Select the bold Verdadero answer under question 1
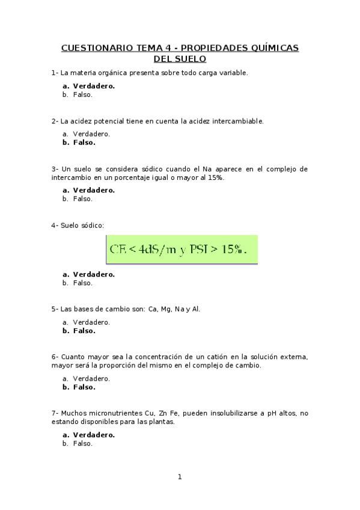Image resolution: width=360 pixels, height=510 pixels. pyautogui.click(x=93, y=86)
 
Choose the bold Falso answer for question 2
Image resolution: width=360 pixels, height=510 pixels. pyautogui.click(x=84, y=143)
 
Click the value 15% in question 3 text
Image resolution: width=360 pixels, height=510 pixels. pyautogui.click(x=213, y=178)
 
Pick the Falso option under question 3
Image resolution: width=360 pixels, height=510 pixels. pyautogui.click(x=82, y=198)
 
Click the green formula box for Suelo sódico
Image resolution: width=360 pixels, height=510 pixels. pyautogui.click(x=182, y=249)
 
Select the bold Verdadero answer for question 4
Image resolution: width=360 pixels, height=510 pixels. pyautogui.click(x=93, y=274)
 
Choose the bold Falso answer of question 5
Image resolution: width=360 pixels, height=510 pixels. pyautogui.click(x=84, y=331)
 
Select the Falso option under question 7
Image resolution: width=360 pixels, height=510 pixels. pyautogui.click(x=82, y=443)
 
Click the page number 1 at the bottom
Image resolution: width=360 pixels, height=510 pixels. pyautogui.click(x=179, y=477)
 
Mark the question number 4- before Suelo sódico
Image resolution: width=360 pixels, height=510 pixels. pyautogui.click(x=55, y=226)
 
